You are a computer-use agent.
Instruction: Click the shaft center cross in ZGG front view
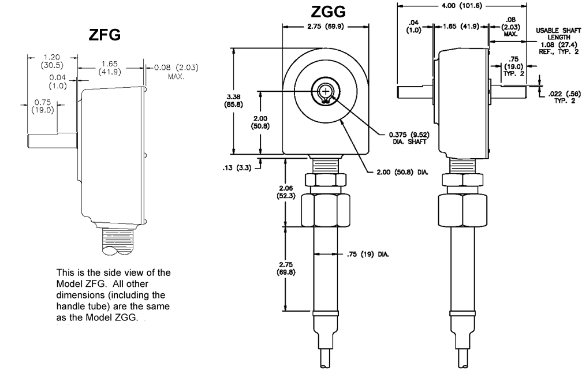tap(325, 92)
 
